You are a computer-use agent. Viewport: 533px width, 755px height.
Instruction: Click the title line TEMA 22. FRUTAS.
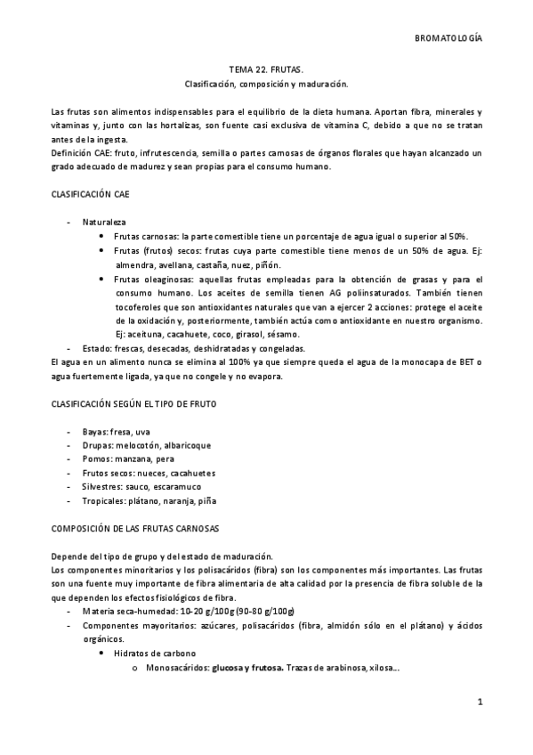click(266, 69)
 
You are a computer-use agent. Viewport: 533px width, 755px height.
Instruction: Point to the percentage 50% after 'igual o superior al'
click(458, 237)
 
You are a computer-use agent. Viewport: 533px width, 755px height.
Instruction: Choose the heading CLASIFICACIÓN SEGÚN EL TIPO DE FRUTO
click(133, 404)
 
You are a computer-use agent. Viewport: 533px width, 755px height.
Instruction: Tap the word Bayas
click(94, 432)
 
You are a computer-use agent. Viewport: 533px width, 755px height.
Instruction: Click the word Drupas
click(97, 445)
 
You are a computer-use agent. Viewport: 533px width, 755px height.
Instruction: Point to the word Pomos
click(96, 459)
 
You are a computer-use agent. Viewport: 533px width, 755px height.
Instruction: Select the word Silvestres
click(101, 487)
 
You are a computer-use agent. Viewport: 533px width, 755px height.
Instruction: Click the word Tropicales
click(102, 501)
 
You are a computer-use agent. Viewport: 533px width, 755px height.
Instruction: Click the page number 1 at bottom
click(480, 702)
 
